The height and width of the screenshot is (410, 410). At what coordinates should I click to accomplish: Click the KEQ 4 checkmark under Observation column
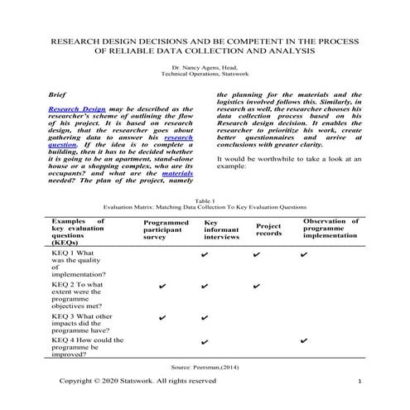click(304, 341)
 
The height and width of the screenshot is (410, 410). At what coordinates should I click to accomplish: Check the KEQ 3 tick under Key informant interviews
click(205, 318)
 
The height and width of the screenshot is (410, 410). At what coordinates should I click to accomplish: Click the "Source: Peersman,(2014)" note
click(205, 365)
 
